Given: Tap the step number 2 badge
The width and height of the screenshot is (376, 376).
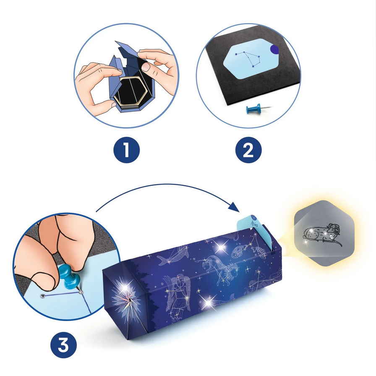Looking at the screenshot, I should pyautogui.click(x=248, y=150).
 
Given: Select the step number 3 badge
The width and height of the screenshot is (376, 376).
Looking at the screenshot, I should pyautogui.click(x=63, y=345).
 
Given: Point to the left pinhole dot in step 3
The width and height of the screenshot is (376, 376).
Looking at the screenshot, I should pyautogui.click(x=43, y=296).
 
